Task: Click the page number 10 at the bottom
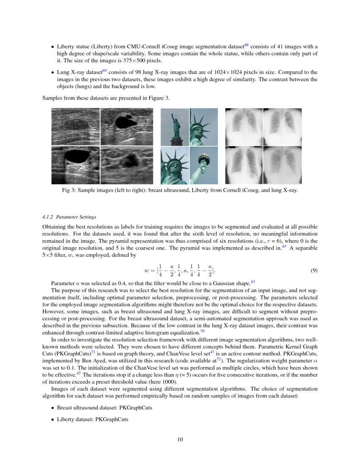(180, 439)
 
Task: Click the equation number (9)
(314, 271)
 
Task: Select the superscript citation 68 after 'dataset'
(246, 44)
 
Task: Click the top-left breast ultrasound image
(75, 127)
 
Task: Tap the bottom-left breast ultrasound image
(75, 165)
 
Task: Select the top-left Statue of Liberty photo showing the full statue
(174, 127)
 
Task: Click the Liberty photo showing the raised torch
(204, 165)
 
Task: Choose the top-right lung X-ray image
(282, 127)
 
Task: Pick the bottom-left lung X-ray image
(244, 165)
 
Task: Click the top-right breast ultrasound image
(126, 127)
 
